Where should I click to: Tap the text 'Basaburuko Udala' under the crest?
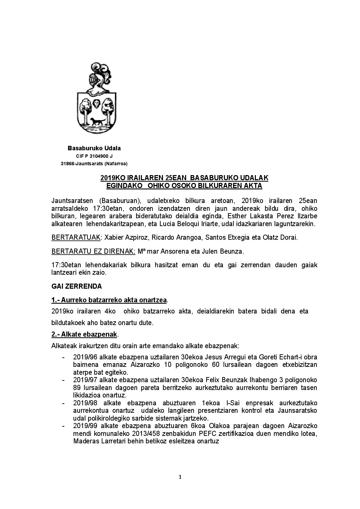(x=94, y=148)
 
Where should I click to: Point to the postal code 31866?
(x=67, y=164)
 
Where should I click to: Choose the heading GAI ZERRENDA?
(x=77, y=286)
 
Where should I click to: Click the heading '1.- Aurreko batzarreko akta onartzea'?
(x=109, y=300)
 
